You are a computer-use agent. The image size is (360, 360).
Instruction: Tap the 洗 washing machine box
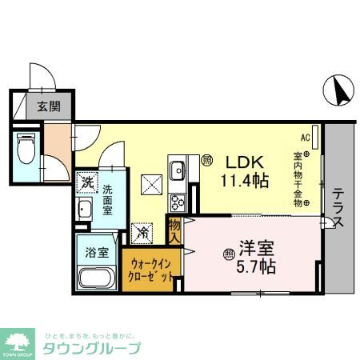pyautogui.click(x=86, y=182)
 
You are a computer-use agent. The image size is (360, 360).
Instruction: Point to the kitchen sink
pyautogui.click(x=178, y=170)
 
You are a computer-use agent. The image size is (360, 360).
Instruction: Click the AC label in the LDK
pyautogui.click(x=306, y=137)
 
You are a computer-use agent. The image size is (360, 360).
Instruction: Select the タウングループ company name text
pyautogui.click(x=92, y=349)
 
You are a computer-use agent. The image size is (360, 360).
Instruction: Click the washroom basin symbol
pyautogui.click(x=86, y=210)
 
